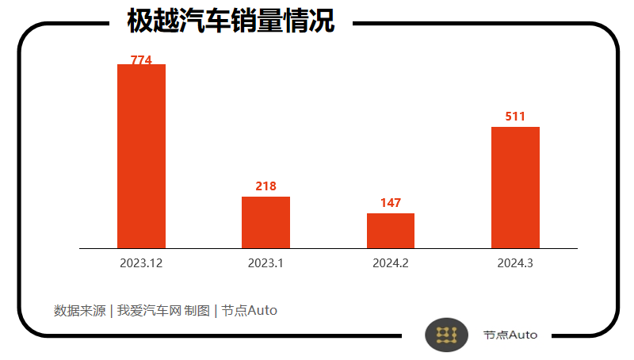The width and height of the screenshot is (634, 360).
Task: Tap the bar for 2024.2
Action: pos(390,231)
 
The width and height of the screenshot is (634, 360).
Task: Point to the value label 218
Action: pos(265,186)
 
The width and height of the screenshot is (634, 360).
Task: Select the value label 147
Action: pos(391,203)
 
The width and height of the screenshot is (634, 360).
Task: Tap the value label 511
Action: pos(515,117)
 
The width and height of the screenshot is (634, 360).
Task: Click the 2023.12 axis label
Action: pos(141,262)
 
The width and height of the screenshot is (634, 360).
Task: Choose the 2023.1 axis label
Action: pos(265,262)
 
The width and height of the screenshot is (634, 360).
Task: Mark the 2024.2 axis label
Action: pos(391,262)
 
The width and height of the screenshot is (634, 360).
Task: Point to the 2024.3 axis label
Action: pos(515,262)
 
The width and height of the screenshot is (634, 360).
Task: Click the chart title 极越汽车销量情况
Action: pos(231,21)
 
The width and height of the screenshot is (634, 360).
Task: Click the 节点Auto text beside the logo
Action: pos(510,335)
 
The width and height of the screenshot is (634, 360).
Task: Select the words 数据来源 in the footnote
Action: pos(79,310)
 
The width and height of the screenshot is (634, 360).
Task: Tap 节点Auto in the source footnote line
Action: pos(249,310)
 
